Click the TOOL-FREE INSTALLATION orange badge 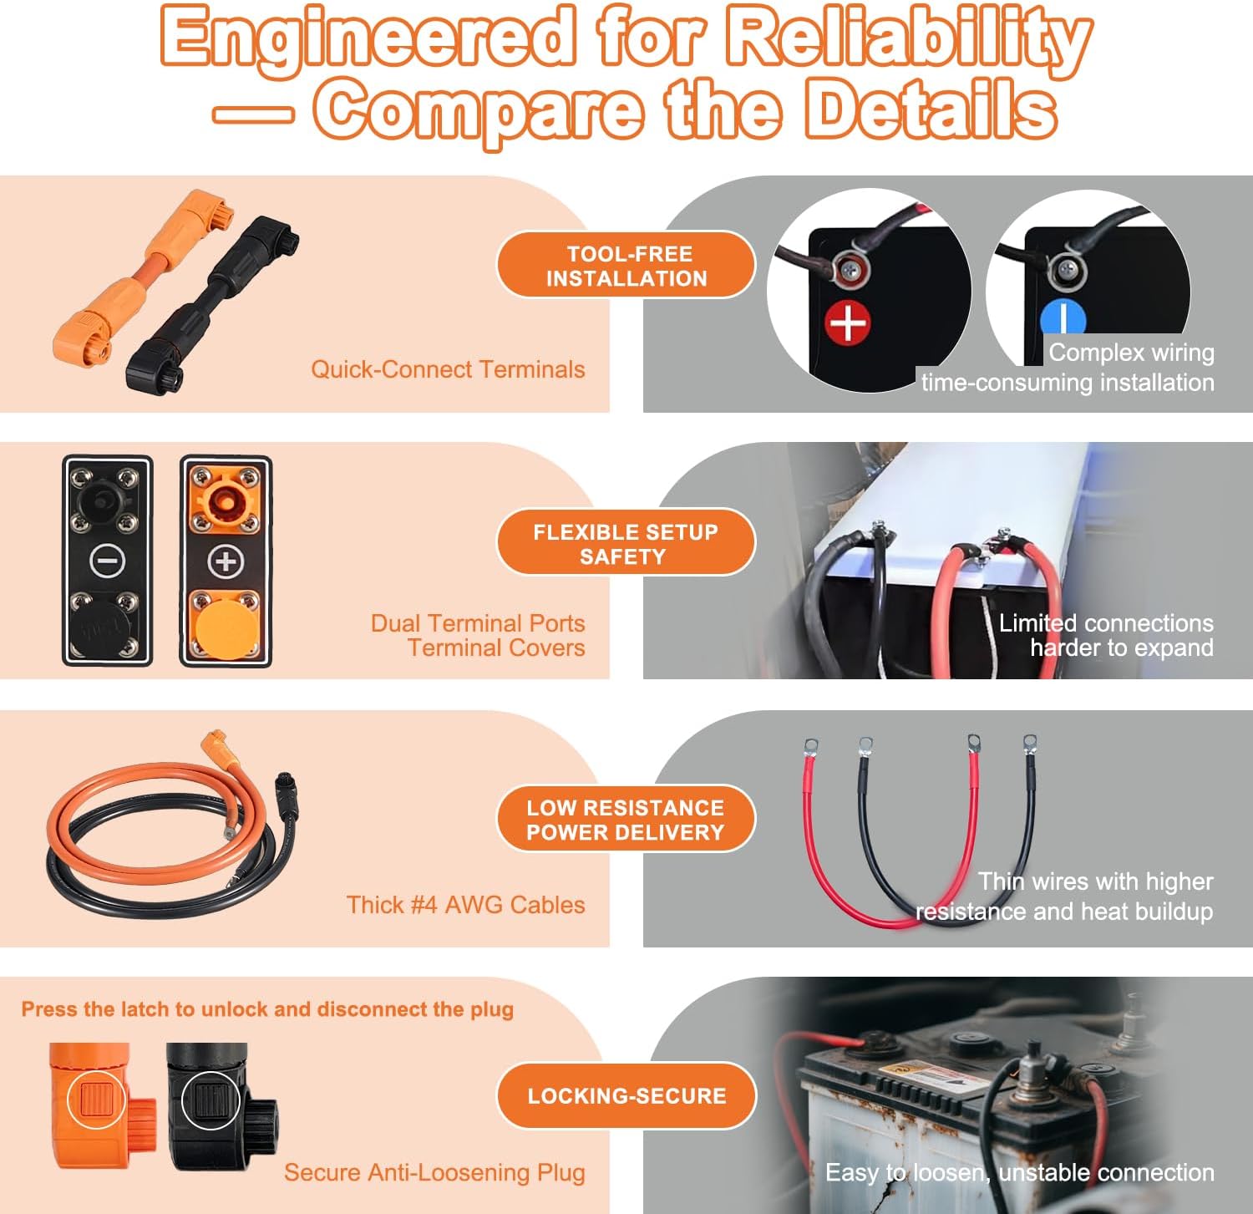pos(626,266)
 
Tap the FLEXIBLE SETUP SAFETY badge pos(626,544)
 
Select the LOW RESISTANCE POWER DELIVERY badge pos(626,820)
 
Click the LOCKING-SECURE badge pos(626,1096)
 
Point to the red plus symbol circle pos(848,323)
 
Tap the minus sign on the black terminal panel pos(108,560)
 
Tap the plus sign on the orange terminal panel pos(226,561)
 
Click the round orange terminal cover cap pos(225,622)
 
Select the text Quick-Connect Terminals pos(448,369)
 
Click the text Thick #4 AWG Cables pos(465,905)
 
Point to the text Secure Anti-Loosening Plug pos(434,1172)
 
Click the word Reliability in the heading pos(909,38)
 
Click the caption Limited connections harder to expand pos(1106,635)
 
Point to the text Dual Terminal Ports pos(478,623)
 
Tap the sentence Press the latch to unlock pos(267,1009)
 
